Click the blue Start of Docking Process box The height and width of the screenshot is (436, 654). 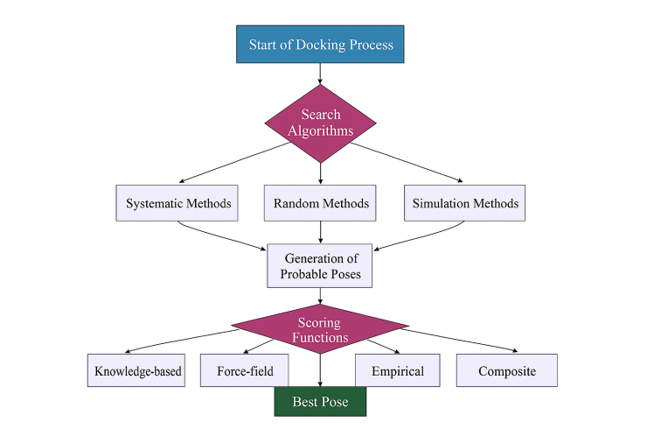[x=320, y=46]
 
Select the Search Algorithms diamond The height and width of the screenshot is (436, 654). [x=320, y=123]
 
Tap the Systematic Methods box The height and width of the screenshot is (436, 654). [x=178, y=203]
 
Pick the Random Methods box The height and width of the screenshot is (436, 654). [x=320, y=203]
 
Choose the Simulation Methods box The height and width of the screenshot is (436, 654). [x=464, y=203]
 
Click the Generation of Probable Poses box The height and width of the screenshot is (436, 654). [x=320, y=266]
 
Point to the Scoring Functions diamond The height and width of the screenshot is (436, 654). [x=320, y=329]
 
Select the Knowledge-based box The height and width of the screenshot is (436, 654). [x=138, y=370]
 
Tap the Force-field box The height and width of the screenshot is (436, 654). [x=245, y=370]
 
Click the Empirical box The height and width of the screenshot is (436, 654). [x=398, y=370]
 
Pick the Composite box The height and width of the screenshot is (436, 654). [x=507, y=370]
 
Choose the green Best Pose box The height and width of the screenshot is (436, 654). [x=320, y=402]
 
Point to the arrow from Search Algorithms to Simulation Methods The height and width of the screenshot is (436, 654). [x=411, y=161]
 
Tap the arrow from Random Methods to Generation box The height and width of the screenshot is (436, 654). [x=320, y=232]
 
